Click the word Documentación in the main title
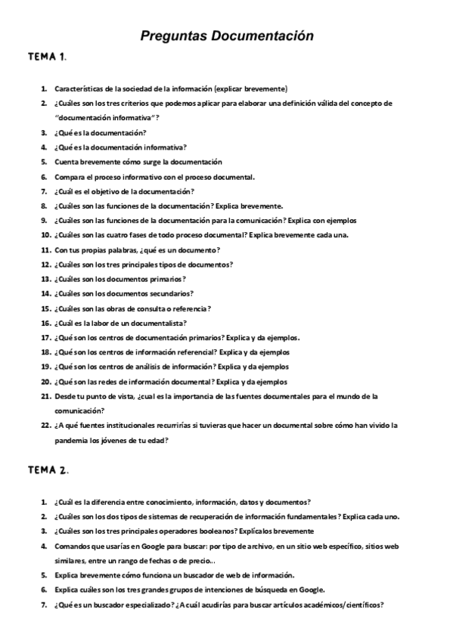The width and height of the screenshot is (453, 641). point(262,36)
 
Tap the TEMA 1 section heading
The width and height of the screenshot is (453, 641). point(47,57)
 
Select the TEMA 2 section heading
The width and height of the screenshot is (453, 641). point(47,470)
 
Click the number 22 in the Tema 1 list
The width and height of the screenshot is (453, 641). point(45,425)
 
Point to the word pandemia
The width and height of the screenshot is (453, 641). point(70,439)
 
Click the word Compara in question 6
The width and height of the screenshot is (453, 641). point(69,177)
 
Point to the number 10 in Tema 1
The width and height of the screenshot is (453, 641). point(45,235)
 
